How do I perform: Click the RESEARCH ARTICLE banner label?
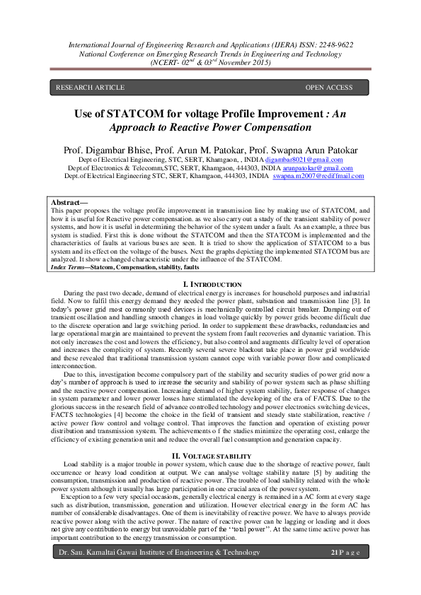[x=90, y=88]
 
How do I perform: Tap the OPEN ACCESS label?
[x=328, y=88]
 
